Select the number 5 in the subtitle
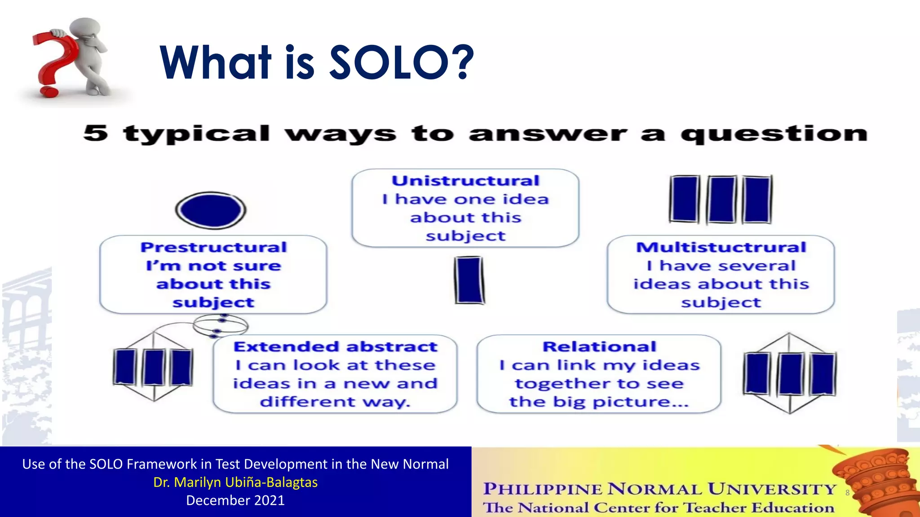pos(95,133)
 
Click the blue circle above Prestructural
pos(211,210)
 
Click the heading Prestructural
pos(213,247)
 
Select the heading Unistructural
pos(465,181)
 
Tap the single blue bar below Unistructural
pos(469,280)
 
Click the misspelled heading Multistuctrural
pos(721,247)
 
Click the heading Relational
pos(599,346)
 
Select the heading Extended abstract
pos(335,346)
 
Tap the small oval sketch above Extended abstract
pos(220,325)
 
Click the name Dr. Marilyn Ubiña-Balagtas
pos(235,482)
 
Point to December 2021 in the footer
pos(235,500)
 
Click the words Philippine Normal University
pos(659,489)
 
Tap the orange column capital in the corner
pos(876,480)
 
